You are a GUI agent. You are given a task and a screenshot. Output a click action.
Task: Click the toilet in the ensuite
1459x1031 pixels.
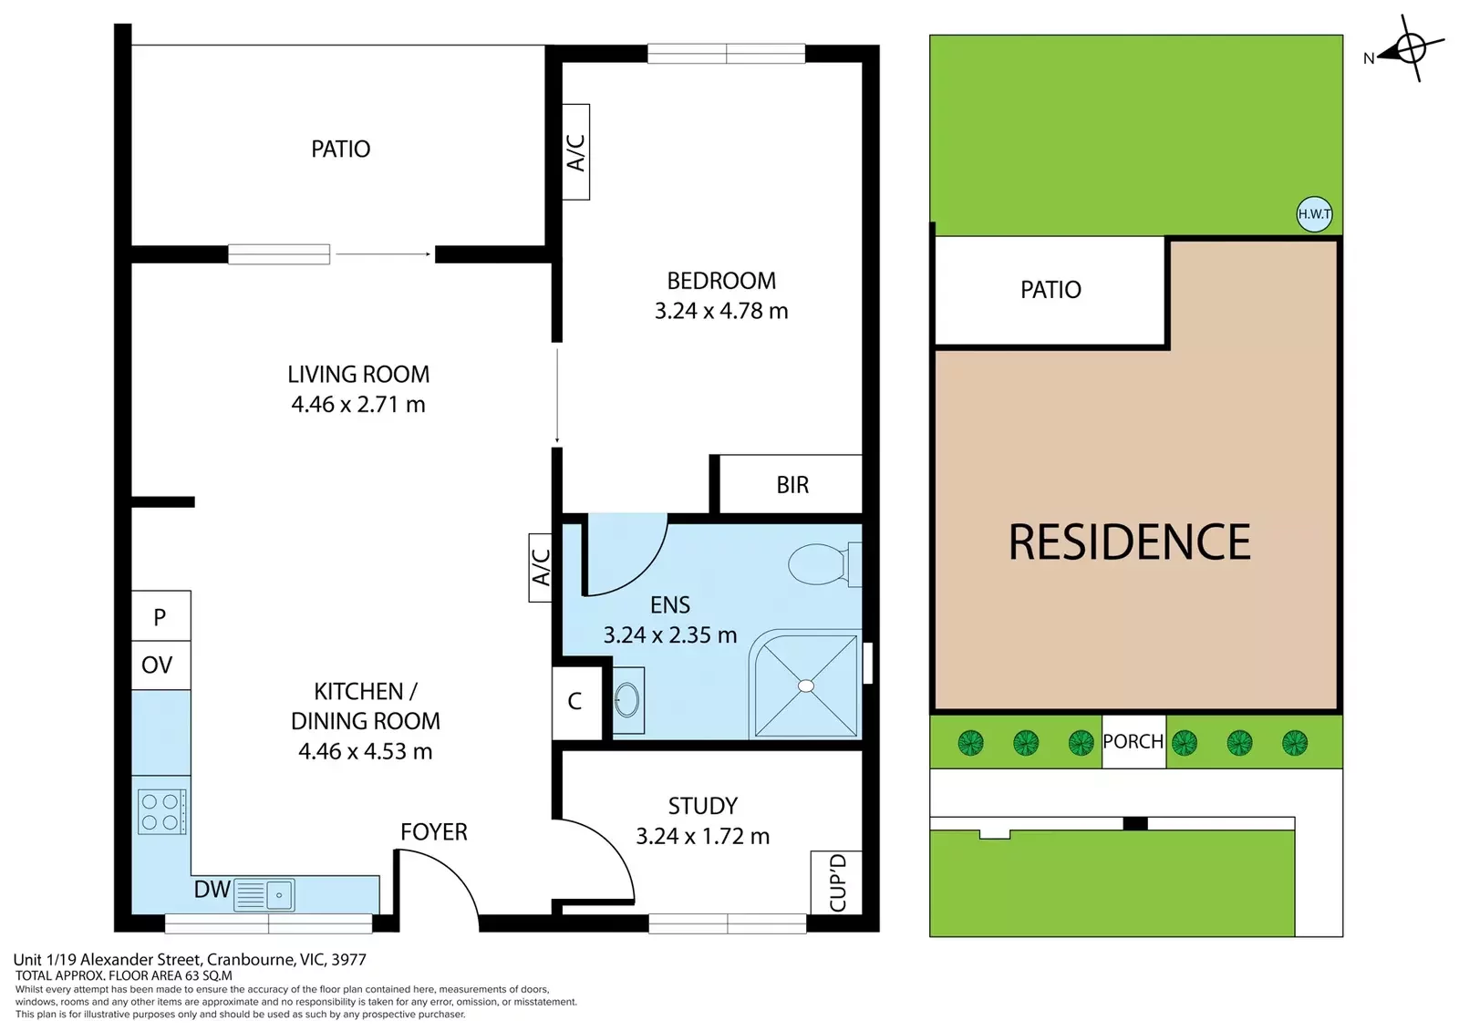point(824,564)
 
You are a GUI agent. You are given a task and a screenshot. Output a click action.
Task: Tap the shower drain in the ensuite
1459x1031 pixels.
point(806,686)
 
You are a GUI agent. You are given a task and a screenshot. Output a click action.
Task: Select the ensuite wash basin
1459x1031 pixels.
point(628,700)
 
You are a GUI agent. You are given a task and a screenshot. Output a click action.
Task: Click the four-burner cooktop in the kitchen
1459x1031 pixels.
point(161,811)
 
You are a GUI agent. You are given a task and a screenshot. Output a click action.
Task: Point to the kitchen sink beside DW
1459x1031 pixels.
point(264,894)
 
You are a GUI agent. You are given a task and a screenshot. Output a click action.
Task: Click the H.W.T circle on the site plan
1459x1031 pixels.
point(1314,214)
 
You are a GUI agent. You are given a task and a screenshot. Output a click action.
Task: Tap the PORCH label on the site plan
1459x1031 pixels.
point(1133,741)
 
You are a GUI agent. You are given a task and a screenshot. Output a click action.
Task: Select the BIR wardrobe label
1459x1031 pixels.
point(792,485)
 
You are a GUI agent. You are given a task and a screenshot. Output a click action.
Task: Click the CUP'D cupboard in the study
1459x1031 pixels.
point(837,882)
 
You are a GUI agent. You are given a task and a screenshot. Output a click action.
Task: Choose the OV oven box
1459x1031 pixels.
point(160,665)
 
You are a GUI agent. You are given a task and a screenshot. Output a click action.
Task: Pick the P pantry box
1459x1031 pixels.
point(160,616)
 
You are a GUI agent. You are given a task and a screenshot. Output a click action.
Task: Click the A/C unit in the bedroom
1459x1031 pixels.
point(575,151)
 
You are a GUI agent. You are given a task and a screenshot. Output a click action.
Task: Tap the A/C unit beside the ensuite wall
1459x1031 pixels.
point(541,567)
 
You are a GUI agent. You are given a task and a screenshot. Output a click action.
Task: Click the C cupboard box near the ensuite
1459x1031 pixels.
point(576,702)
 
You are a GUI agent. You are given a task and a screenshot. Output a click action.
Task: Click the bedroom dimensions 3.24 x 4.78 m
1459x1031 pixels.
point(721,312)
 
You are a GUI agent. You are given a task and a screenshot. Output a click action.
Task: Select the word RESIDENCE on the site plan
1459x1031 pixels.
point(1130,541)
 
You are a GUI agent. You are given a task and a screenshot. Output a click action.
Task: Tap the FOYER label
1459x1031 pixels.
point(434,831)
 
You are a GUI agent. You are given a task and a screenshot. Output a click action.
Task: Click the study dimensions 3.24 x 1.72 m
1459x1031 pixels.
point(703,836)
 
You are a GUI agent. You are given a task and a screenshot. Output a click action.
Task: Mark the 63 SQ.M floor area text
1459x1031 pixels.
point(209,975)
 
